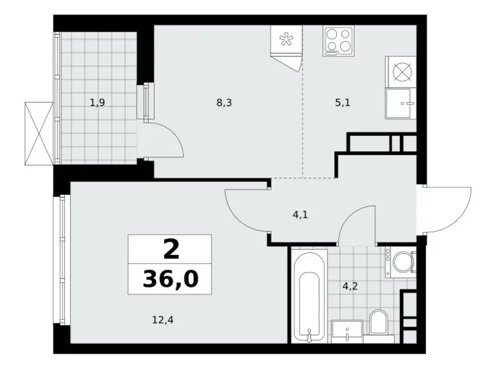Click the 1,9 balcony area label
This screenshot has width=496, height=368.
(97, 102)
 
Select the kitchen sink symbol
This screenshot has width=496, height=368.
(401, 102)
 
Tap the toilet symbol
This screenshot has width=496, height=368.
(378, 323)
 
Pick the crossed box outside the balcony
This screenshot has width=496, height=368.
(39, 133)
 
